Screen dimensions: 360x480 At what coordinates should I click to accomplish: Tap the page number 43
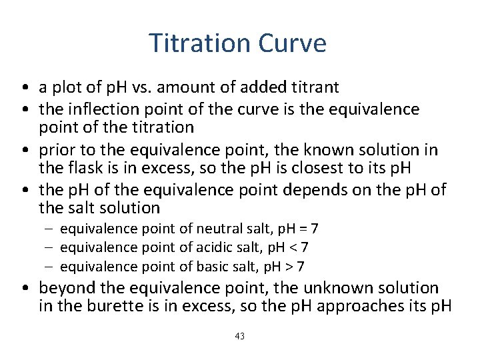[x=240, y=336]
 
